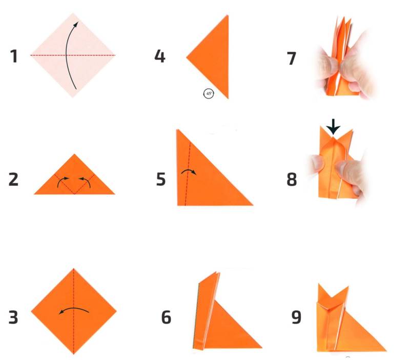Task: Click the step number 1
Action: tap(14, 56)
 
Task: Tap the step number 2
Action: tap(14, 179)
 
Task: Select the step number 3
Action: tap(13, 317)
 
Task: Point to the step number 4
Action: tap(160, 56)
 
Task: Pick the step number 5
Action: tap(161, 179)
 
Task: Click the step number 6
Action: tap(166, 317)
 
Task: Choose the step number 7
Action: tap(292, 58)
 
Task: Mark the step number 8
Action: tap(292, 179)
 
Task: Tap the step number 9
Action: tap(296, 317)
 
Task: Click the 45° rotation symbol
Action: tap(209, 93)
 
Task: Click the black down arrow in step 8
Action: tap(334, 127)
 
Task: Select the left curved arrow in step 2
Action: tap(62, 182)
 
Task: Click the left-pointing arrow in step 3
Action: tap(73, 309)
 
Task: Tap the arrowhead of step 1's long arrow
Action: tap(76, 24)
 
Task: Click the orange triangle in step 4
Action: tap(214, 57)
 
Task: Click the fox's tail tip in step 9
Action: tap(386, 351)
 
